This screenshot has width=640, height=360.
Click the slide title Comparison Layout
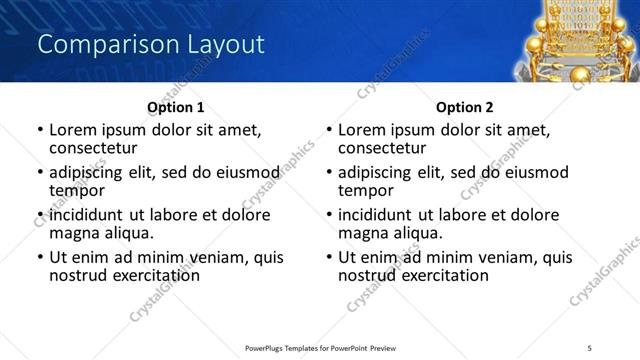(x=150, y=45)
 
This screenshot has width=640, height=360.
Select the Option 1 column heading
(x=175, y=107)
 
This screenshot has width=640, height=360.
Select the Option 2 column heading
(x=464, y=107)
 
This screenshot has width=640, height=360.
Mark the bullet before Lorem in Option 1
(x=39, y=130)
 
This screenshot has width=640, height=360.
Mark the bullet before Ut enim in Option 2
(x=328, y=258)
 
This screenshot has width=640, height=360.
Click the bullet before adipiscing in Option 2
(x=328, y=173)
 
